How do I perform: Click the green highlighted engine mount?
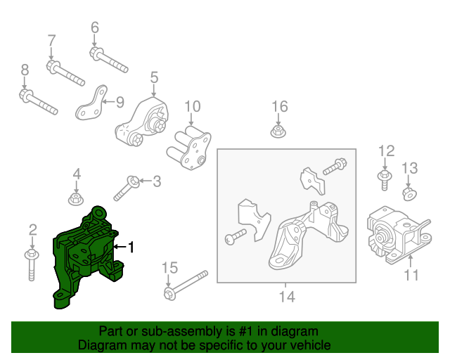point(86,255)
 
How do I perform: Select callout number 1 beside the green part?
point(131,247)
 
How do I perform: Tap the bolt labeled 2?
point(32,265)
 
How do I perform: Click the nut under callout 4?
point(76,199)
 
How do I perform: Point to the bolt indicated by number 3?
point(127,188)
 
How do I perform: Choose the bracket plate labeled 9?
point(91,104)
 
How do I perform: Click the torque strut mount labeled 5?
point(142,122)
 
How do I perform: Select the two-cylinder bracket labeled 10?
point(189,148)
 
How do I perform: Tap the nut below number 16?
point(278,132)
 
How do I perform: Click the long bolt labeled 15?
point(186,286)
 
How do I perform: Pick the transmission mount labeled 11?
point(399,235)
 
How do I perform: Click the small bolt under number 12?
point(385,180)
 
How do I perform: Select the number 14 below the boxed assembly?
point(287,297)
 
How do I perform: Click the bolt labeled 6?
point(109,60)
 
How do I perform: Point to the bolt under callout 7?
point(65,73)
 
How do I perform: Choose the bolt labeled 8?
point(39,102)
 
